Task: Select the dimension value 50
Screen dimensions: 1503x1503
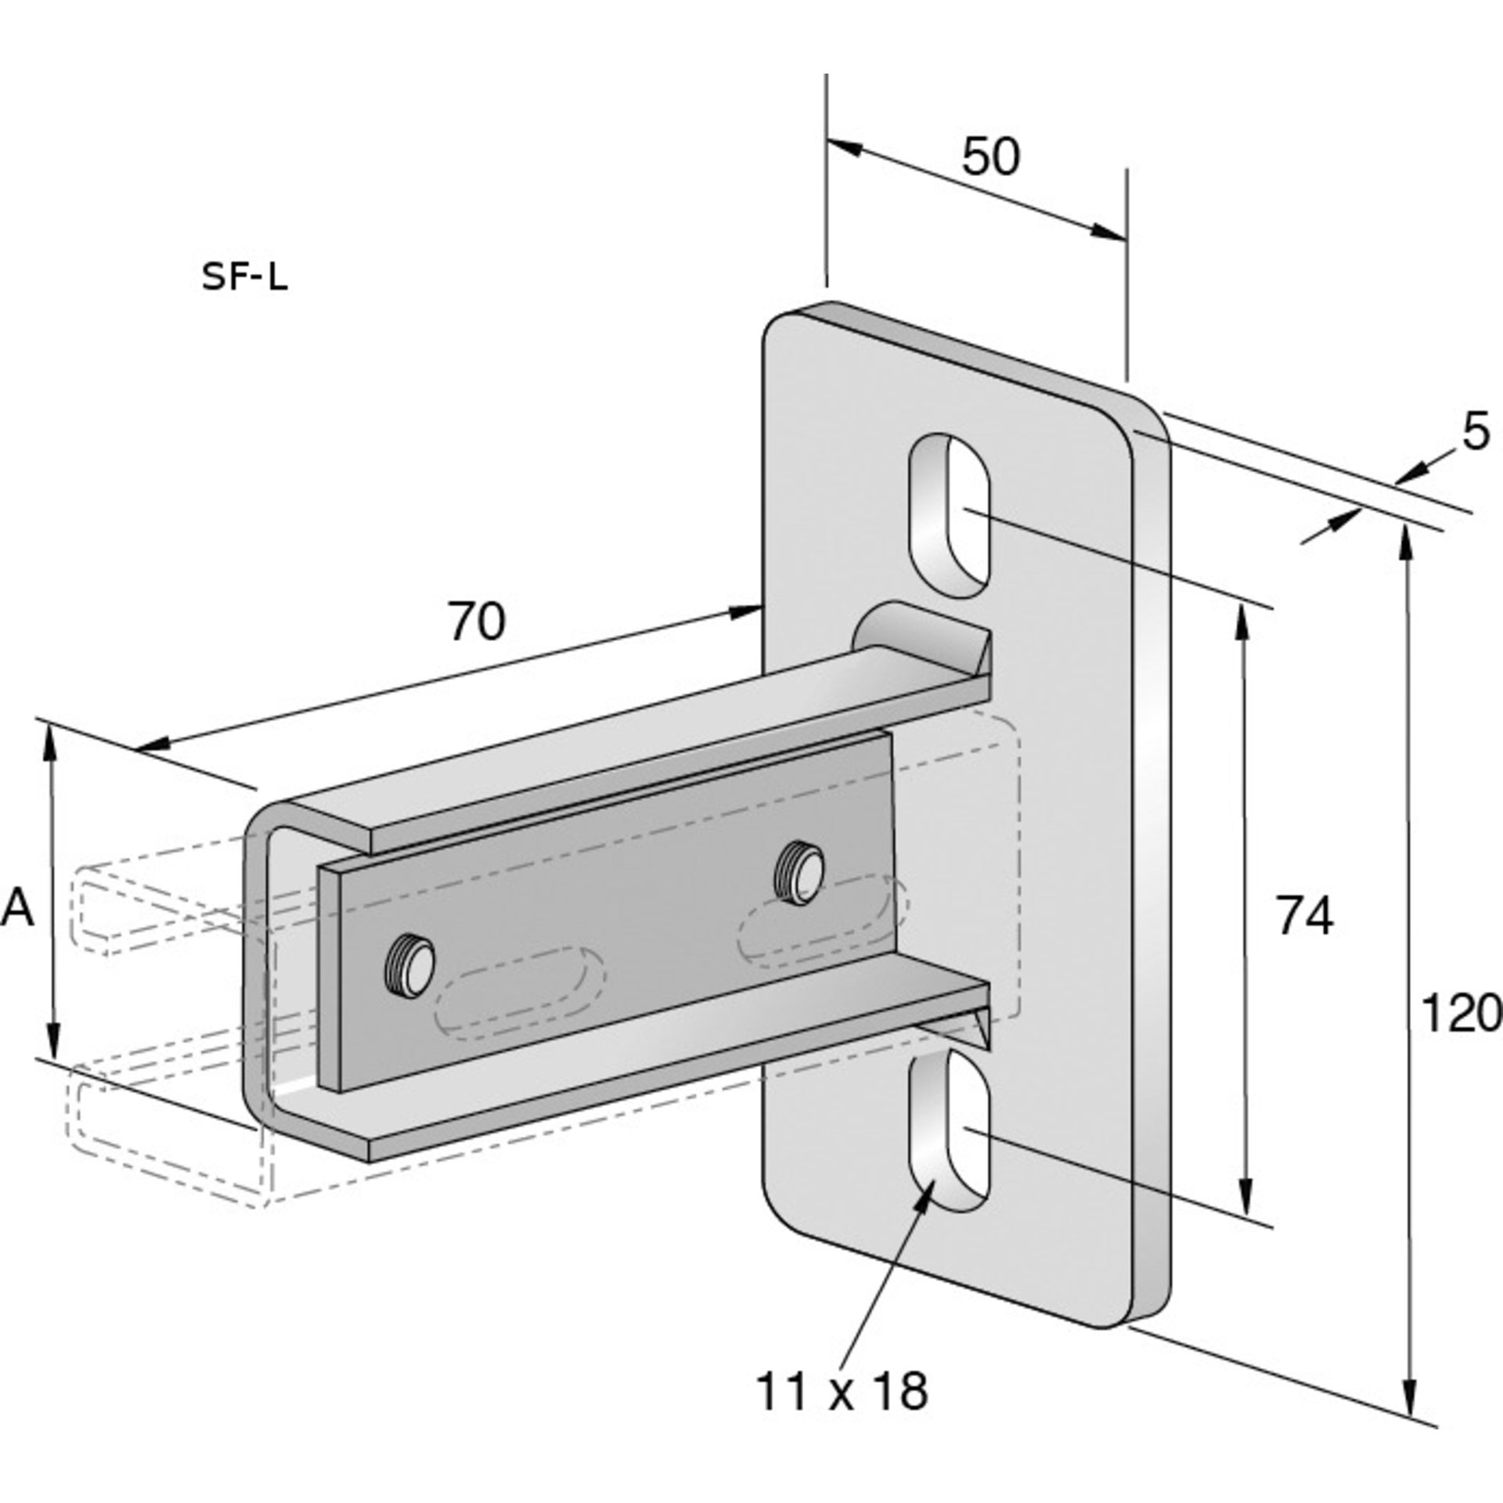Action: point(990,157)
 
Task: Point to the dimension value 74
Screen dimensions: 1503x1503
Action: point(1304,915)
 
